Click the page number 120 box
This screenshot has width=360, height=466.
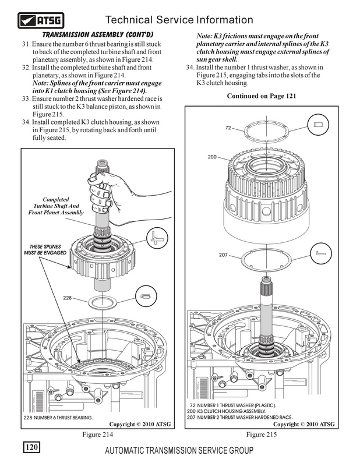[x=31, y=447]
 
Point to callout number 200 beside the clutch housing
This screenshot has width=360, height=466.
[x=211, y=157]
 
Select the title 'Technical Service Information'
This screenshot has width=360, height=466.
[x=192, y=21]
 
